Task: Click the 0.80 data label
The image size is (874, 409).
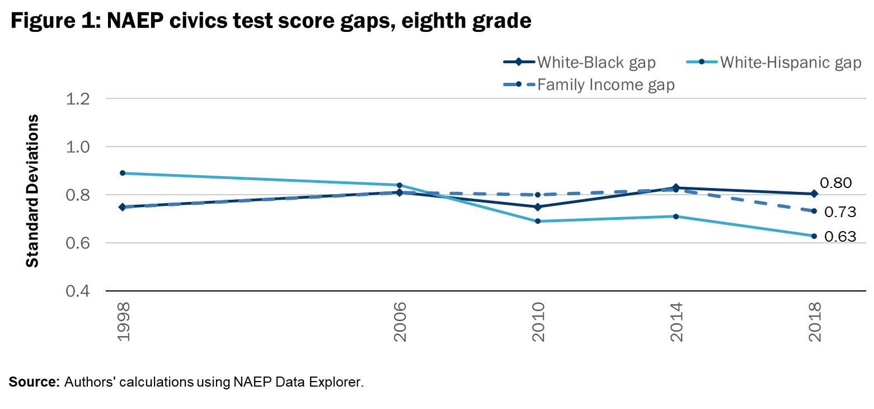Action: pyautogui.click(x=836, y=183)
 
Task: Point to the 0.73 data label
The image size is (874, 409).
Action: pyautogui.click(x=840, y=212)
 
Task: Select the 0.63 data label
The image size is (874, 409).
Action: pyautogui.click(x=840, y=237)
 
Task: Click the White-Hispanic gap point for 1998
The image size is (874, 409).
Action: pyautogui.click(x=121, y=173)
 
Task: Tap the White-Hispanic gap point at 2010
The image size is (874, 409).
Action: pyautogui.click(x=538, y=221)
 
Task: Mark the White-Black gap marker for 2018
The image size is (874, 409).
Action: pyautogui.click(x=814, y=194)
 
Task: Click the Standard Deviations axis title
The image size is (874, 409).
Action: pyautogui.click(x=34, y=190)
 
